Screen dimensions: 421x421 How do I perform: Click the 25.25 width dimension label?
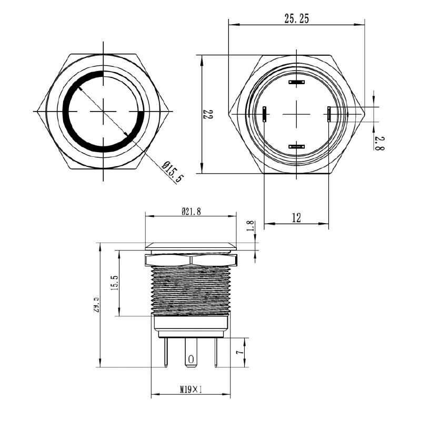[x=296, y=19]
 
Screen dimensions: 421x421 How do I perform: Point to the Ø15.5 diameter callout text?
[x=173, y=172]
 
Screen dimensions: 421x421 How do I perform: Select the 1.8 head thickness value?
[x=250, y=226]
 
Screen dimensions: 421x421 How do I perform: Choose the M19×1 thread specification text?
[x=191, y=390]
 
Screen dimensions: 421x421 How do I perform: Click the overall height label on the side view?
[x=96, y=305]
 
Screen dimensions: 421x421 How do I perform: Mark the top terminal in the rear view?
[x=297, y=82]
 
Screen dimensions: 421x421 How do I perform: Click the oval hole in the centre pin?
[x=191, y=359]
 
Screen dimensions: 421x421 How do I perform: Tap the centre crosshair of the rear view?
[x=297, y=113]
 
